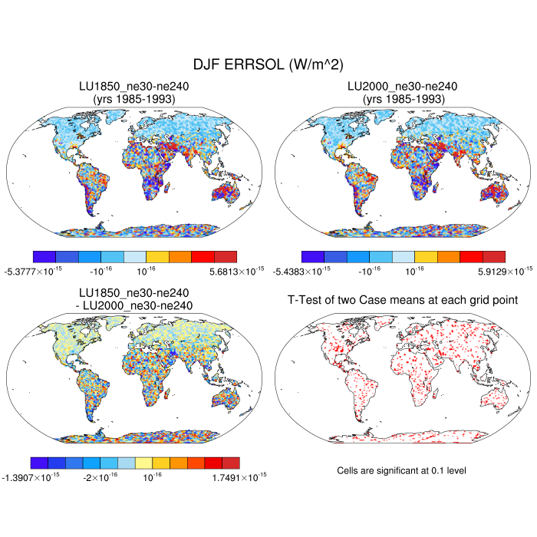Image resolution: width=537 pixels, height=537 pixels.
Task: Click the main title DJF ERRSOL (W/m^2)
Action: (x=268, y=66)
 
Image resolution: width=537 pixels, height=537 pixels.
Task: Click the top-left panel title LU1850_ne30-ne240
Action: (x=134, y=87)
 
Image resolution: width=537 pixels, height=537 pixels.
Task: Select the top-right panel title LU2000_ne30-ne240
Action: (x=403, y=87)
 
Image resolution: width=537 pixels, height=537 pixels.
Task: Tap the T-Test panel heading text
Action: (x=403, y=300)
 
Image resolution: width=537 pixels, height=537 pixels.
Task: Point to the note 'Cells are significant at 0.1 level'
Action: (x=402, y=469)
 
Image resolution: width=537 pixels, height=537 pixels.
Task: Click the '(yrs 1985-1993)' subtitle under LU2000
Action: (x=403, y=98)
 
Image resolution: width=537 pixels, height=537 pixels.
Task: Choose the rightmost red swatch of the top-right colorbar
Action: (x=493, y=256)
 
